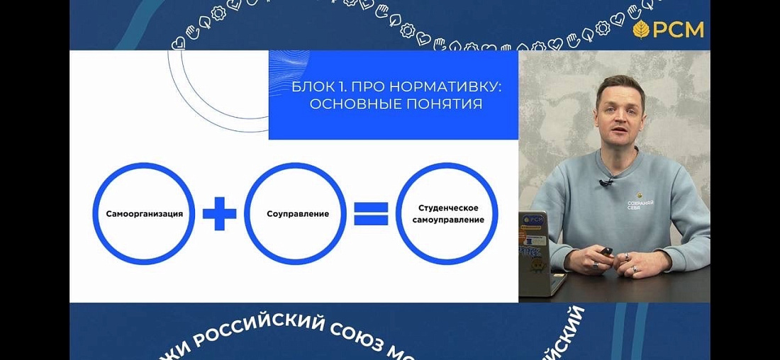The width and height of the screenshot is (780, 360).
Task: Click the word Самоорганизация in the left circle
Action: point(144,213)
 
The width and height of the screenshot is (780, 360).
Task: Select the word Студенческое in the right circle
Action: point(448,208)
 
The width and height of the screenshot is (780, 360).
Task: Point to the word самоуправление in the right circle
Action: point(448,220)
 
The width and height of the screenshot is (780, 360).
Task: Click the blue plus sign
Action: point(219,213)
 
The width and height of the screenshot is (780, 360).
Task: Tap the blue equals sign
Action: point(371,213)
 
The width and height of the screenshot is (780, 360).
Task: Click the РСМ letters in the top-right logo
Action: point(679,30)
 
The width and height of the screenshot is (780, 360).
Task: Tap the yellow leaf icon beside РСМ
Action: point(641,30)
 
